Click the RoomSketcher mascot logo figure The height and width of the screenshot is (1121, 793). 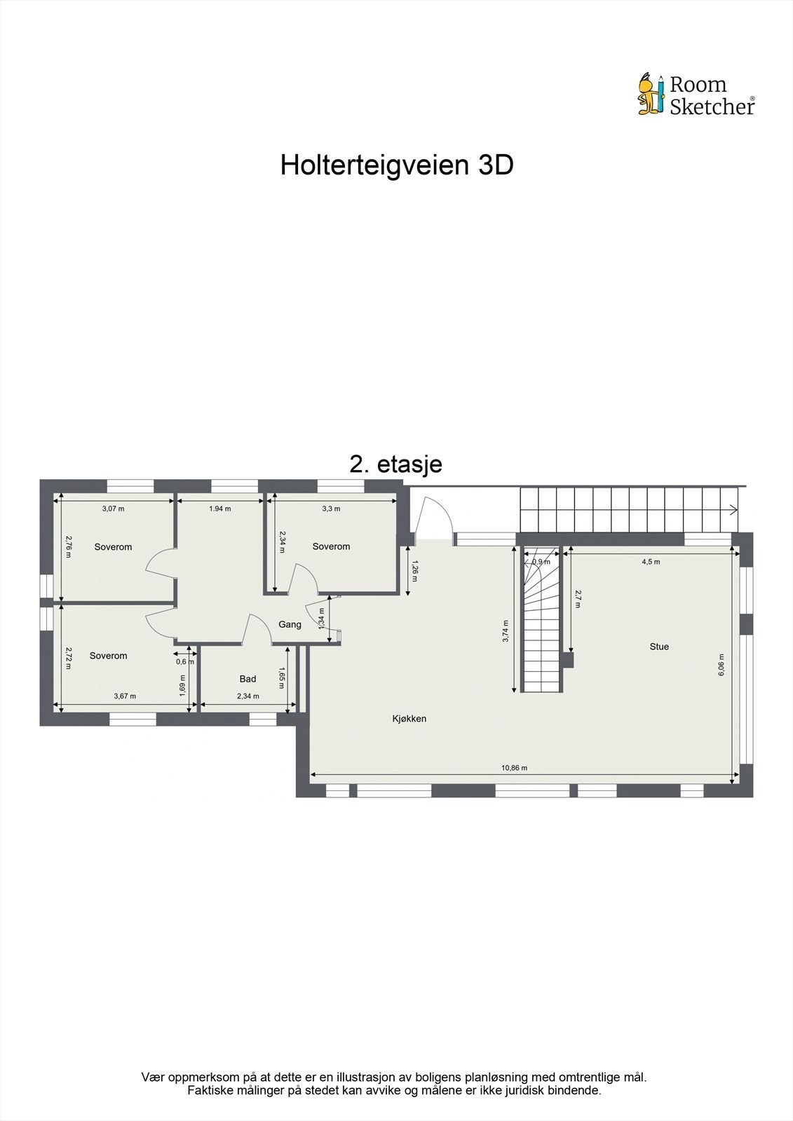[651, 94]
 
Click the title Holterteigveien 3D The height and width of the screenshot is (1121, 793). [397, 165]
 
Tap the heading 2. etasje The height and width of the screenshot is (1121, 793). [395, 464]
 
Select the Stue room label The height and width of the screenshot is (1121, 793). [659, 647]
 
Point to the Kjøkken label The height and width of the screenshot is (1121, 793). [409, 718]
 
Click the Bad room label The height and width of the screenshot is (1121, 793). [248, 678]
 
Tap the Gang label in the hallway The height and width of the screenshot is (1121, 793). [290, 624]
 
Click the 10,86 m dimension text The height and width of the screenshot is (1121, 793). [514, 768]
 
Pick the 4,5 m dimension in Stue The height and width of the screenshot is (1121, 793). [651, 561]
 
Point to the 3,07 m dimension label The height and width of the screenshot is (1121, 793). [113, 509]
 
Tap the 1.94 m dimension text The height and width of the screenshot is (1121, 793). [219, 509]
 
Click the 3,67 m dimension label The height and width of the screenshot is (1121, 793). [125, 696]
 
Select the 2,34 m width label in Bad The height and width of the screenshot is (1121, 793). [248, 696]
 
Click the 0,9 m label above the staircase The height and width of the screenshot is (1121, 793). [541, 561]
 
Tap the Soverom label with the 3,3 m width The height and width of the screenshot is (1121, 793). [331, 546]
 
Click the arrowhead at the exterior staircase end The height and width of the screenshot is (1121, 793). [733, 509]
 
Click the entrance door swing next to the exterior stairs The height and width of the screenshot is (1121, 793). [433, 518]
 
